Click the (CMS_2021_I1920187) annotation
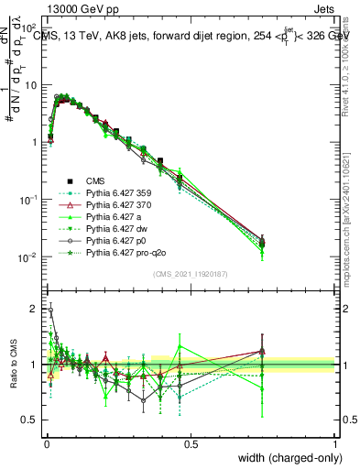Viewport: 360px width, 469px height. coord(191,274)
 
